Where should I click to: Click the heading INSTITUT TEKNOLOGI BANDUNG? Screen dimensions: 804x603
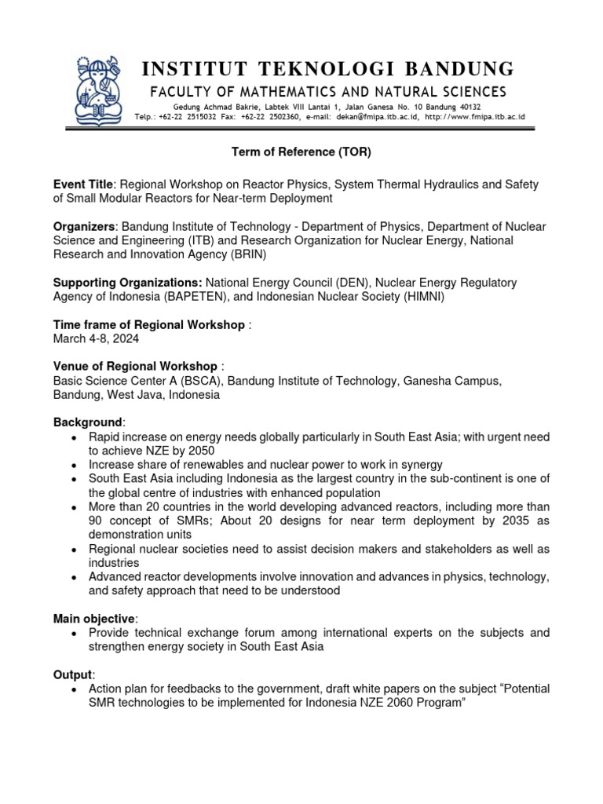(328, 68)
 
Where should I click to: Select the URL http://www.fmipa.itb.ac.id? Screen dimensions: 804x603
(474, 117)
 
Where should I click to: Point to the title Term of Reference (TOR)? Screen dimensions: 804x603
(301, 151)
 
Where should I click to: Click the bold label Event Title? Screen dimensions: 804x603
(83, 184)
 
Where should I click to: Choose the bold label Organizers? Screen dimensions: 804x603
(84, 226)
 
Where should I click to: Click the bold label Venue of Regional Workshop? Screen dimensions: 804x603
(135, 367)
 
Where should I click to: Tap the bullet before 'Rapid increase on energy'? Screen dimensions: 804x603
(73, 437)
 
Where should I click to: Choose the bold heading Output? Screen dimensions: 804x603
(72, 674)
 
